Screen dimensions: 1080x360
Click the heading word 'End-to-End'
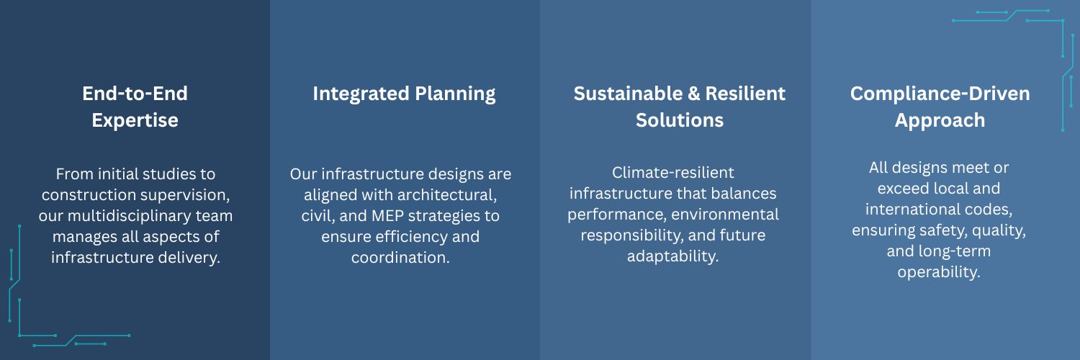click(135, 94)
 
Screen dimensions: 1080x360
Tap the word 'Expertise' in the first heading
click(135, 120)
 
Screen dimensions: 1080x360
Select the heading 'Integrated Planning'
click(404, 94)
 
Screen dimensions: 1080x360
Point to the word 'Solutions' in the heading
click(680, 120)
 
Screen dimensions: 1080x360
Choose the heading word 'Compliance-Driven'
click(940, 94)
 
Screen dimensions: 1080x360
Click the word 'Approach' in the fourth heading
click(940, 121)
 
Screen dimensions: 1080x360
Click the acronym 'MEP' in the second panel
click(387, 215)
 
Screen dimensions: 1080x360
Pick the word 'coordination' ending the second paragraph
click(398, 257)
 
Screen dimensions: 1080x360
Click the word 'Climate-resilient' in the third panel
click(673, 173)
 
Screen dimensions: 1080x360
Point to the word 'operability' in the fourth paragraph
click(937, 272)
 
